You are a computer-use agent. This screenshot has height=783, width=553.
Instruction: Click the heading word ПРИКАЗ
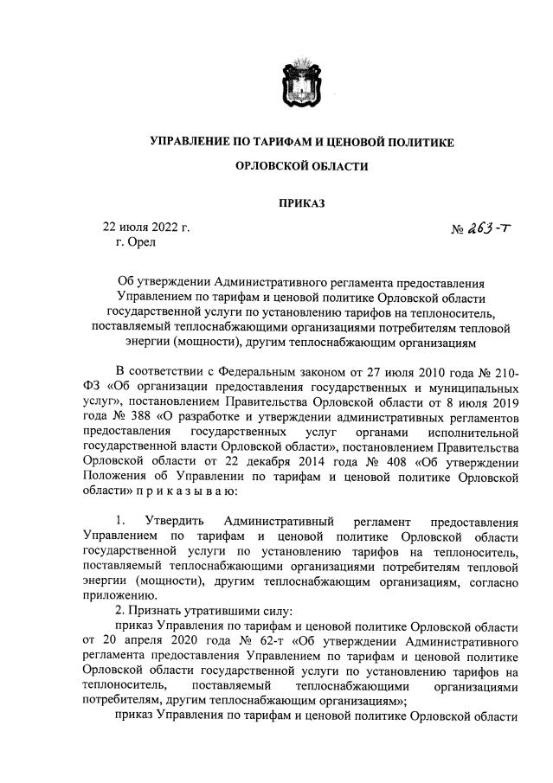302,205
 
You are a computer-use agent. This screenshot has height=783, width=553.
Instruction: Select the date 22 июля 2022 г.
146,228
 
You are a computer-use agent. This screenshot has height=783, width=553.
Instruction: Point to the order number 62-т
262,643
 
